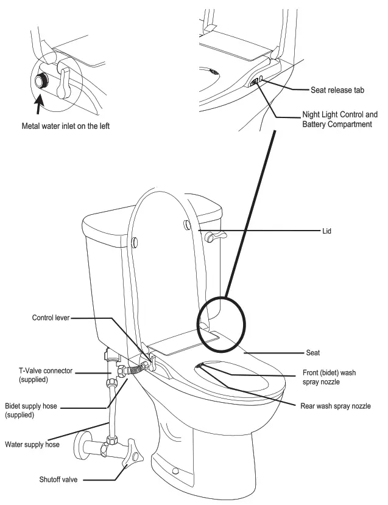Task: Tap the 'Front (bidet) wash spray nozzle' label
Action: click(329, 378)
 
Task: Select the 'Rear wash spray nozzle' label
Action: click(334, 406)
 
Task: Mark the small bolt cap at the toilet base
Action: click(175, 471)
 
